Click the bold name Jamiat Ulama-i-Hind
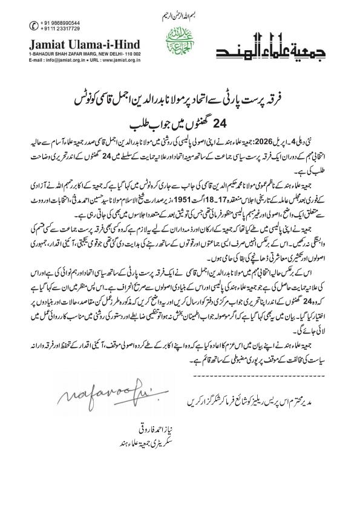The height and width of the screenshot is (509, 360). [83, 44]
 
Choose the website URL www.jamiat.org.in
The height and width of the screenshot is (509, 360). [123, 59]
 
